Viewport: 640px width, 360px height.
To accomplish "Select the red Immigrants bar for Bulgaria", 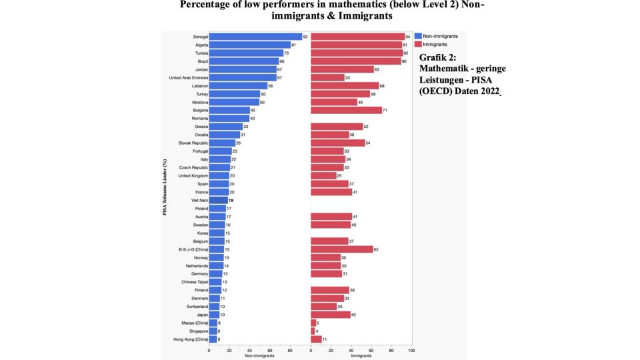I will pyautogui.click(x=346, y=110).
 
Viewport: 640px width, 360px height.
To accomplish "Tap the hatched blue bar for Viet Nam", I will pyautogui.click(x=218, y=200).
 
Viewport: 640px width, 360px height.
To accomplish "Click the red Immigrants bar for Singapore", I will pyautogui.click(x=313, y=331).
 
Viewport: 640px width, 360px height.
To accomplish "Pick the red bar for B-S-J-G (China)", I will pyautogui.click(x=342, y=249).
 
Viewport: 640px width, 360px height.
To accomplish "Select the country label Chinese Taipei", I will pyautogui.click(x=195, y=282).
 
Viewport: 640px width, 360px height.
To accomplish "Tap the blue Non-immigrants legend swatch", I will pyautogui.click(x=418, y=35).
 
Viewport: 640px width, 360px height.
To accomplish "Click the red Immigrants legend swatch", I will pyautogui.click(x=418, y=43).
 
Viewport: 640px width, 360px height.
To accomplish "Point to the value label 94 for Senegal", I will pyautogui.click(x=409, y=37).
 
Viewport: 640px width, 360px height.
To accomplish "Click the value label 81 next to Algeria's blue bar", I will pyautogui.click(x=294, y=45).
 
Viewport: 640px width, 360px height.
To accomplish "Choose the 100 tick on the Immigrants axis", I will pyautogui.click(x=411, y=351).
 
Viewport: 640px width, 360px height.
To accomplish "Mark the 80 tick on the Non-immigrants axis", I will pyautogui.click(x=290, y=351).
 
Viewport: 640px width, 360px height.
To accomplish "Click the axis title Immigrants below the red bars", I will pyautogui.click(x=361, y=356).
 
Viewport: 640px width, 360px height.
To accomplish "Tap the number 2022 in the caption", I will pyautogui.click(x=487, y=91).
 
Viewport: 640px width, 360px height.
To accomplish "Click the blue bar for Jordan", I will pyautogui.click(x=242, y=69).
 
